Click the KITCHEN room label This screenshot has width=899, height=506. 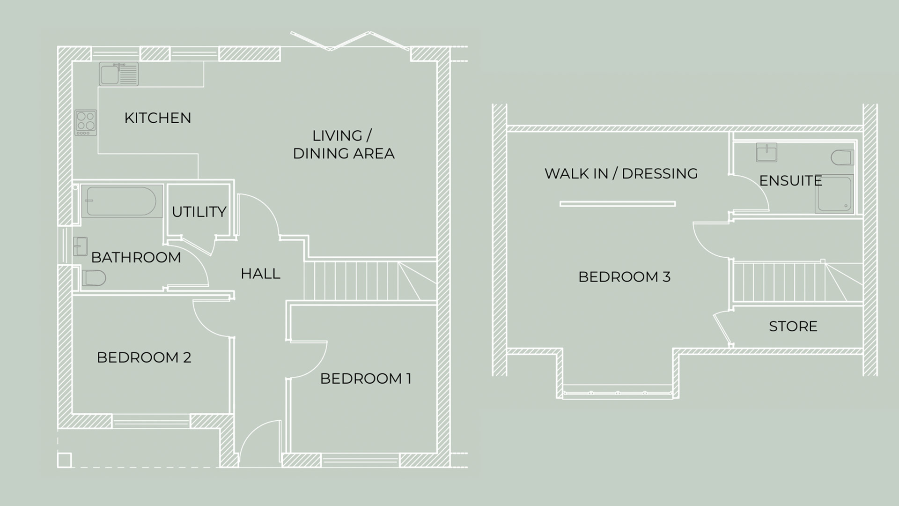point(158,118)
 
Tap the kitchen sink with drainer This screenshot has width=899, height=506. point(119,74)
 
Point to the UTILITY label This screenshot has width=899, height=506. point(199,212)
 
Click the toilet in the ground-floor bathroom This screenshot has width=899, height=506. point(94,278)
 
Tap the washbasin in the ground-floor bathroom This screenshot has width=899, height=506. point(80,246)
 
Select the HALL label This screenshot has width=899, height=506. point(260,274)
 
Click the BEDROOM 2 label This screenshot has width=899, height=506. point(144,357)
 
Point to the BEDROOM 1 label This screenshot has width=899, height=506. point(366,379)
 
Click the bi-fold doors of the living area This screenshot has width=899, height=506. point(350,41)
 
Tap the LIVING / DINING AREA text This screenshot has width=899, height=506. point(344,144)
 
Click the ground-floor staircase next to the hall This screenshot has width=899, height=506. point(370,280)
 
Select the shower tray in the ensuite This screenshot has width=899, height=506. point(834,194)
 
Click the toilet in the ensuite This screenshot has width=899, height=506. point(842,157)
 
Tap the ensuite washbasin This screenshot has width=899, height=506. point(766,152)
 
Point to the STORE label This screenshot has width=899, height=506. point(793,326)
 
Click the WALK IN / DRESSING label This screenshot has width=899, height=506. point(621,173)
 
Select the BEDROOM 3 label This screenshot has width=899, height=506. point(624,277)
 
